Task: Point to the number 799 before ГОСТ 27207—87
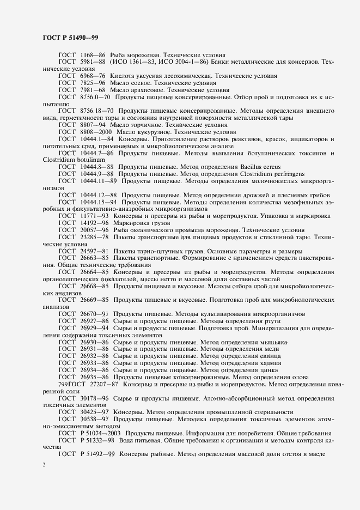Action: [x=50, y=384]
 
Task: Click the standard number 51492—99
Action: [x=99, y=454]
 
